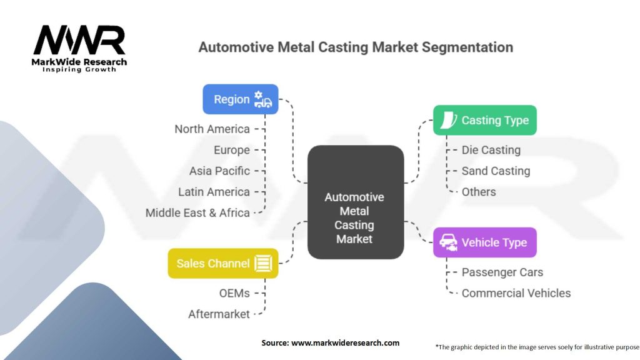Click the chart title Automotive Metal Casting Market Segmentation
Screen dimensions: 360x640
click(356, 47)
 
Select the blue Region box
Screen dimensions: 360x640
click(241, 99)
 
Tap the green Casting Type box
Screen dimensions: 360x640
click(485, 120)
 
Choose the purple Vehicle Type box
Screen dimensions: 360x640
click(485, 242)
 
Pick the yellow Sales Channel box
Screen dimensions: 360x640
click(223, 263)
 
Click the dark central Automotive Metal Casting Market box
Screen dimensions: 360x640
click(355, 202)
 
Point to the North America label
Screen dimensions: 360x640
click(212, 129)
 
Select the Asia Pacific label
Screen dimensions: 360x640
click(219, 171)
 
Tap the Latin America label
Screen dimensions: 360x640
click(214, 192)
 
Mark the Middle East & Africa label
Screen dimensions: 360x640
click(197, 212)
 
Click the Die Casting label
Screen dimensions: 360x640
click(491, 150)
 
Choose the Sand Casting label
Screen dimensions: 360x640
click(496, 171)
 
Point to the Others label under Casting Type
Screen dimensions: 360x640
click(479, 192)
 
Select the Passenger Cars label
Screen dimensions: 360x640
click(502, 272)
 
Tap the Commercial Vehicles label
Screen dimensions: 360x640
click(516, 293)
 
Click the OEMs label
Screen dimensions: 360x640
click(234, 293)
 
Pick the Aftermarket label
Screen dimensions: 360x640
click(219, 314)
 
